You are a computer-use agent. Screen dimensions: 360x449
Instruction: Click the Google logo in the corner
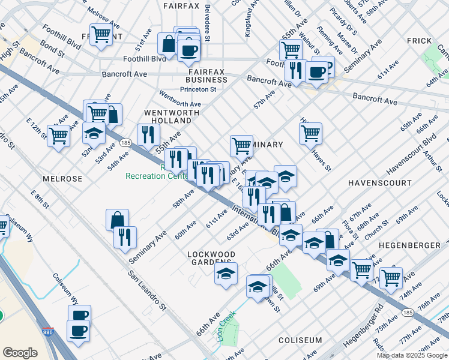pyautogui.click(x=20, y=352)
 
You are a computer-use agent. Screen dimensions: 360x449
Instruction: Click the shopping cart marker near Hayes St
pyautogui.click(x=310, y=134)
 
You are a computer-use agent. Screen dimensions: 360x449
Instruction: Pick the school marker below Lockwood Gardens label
pyautogui.click(x=226, y=274)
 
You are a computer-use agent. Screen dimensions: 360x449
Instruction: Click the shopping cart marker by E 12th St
pyautogui.click(x=58, y=136)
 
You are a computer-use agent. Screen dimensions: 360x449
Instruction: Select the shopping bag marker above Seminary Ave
pyautogui.click(x=117, y=220)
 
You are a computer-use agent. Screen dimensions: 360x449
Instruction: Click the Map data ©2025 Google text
pyautogui.click(x=412, y=355)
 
